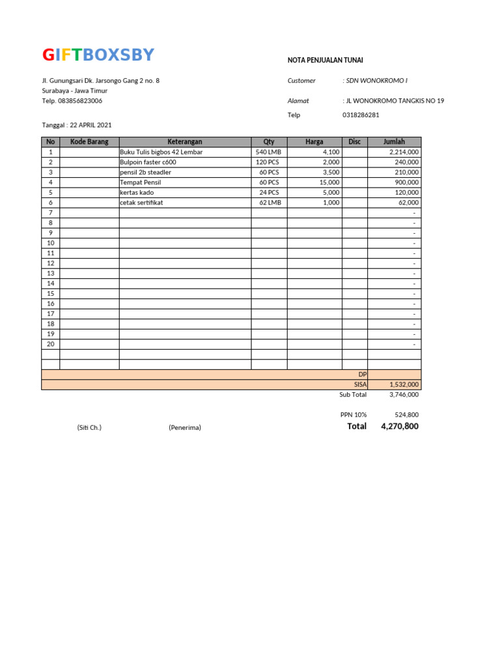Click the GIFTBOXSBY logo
coord(98,55)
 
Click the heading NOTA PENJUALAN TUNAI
coord(326,60)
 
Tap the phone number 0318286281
coord(361,115)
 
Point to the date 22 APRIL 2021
coord(90,125)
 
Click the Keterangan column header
coord(185,142)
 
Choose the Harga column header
coord(314,142)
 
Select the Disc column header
coord(354,142)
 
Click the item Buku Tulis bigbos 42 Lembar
coord(161,152)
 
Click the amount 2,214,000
coord(404,152)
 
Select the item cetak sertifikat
coord(141,203)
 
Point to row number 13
coord(50,274)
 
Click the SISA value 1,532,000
coord(404,385)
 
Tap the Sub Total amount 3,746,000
coord(404,395)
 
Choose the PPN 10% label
coord(354,415)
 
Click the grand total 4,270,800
coord(400,427)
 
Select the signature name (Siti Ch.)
coord(89,428)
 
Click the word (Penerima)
coord(185,428)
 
